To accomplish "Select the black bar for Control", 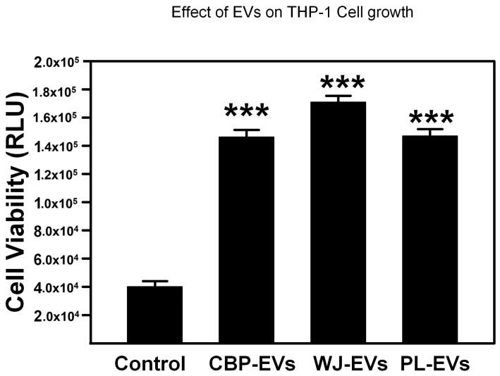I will pyautogui.click(x=152, y=314).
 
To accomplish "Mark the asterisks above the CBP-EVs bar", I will pyautogui.click(x=246, y=113).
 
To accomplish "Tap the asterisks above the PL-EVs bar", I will pyautogui.click(x=432, y=118).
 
